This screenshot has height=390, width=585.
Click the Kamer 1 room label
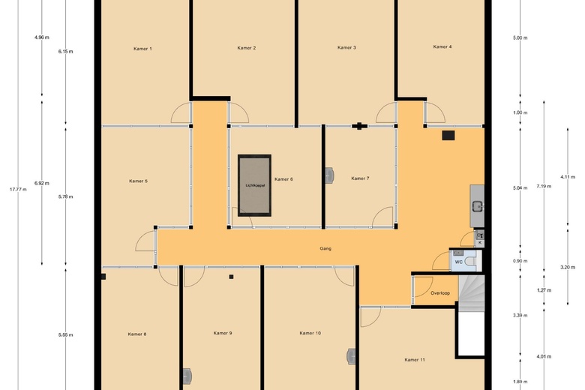(142, 49)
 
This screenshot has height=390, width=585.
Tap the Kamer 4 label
(442, 46)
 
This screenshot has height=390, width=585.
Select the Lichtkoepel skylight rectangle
(254, 185)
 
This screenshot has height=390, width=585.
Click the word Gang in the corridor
(325, 248)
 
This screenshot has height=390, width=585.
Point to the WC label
(458, 262)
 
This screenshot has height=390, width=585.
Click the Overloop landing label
(440, 293)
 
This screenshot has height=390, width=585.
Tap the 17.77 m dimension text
(18, 189)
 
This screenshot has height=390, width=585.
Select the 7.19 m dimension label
(544, 186)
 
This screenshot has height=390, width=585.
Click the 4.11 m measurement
(568, 177)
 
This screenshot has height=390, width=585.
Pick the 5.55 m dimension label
(66, 334)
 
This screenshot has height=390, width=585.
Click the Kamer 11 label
(415, 360)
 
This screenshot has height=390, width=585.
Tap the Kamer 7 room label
(360, 178)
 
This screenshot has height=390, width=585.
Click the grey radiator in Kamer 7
(329, 175)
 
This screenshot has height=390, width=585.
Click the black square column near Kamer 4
(448, 136)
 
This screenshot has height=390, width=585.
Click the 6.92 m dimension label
(42, 183)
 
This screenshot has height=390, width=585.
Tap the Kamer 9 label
(223, 333)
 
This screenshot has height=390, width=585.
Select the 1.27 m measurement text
(544, 290)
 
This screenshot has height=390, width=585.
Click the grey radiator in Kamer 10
(351, 356)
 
